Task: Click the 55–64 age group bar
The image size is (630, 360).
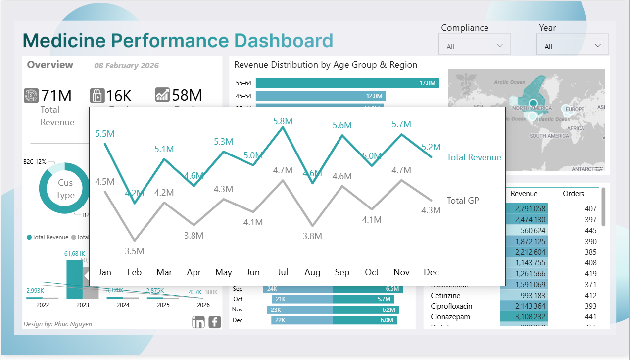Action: [347, 83]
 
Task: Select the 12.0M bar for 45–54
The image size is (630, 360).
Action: [321, 96]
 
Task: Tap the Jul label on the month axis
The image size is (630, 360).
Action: [283, 272]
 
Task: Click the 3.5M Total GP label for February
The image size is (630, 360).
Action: [134, 251]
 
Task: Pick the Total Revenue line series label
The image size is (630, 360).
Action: [474, 157]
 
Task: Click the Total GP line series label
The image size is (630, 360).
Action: [463, 201]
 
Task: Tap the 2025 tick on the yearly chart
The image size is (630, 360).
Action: [163, 305]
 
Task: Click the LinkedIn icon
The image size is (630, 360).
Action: [198, 322]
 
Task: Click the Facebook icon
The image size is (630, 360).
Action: [215, 322]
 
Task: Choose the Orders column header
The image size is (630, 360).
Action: [573, 194]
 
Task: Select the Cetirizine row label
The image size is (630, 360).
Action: [445, 296]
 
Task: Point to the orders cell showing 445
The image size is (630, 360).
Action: [590, 231]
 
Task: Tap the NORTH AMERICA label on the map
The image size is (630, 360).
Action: [532, 108]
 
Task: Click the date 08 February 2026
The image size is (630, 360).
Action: [126, 66]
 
